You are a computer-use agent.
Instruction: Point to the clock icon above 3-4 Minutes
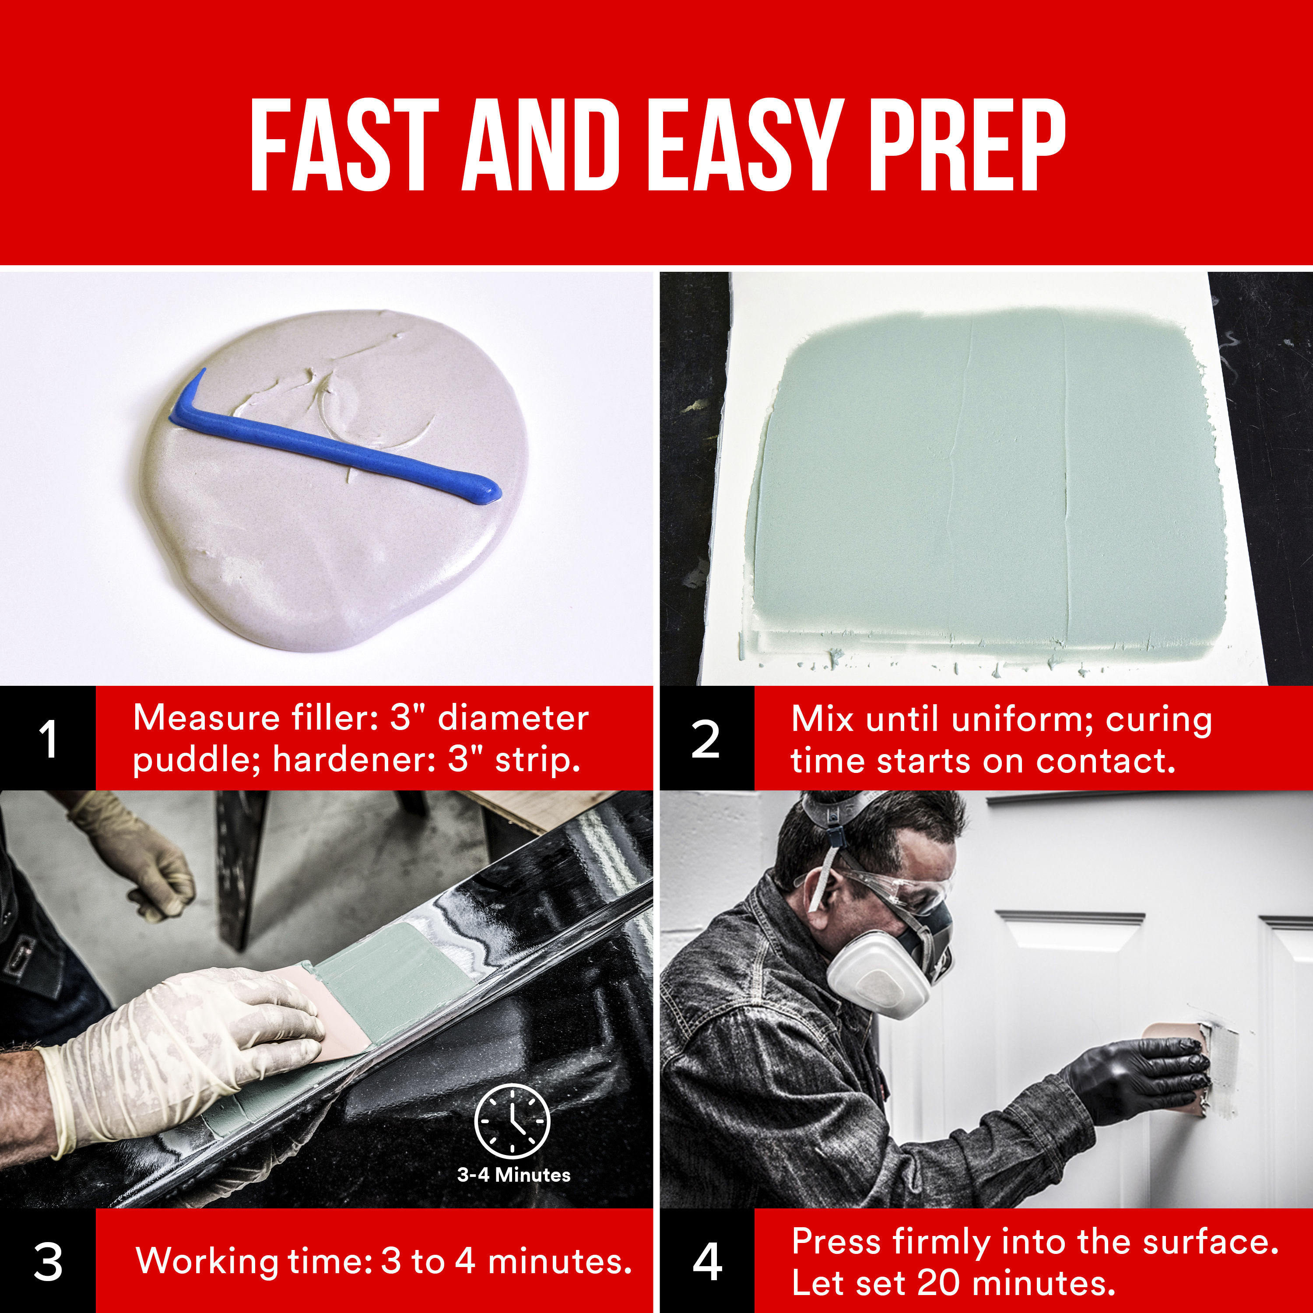pos(512,1121)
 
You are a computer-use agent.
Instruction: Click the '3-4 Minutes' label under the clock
pos(514,1175)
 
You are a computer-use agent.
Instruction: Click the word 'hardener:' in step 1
pos(353,760)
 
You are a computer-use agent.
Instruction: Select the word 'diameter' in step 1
pos(513,718)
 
